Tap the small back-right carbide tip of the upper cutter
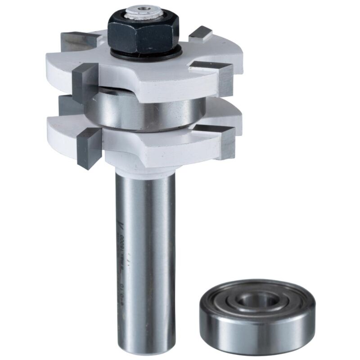(201, 34)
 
